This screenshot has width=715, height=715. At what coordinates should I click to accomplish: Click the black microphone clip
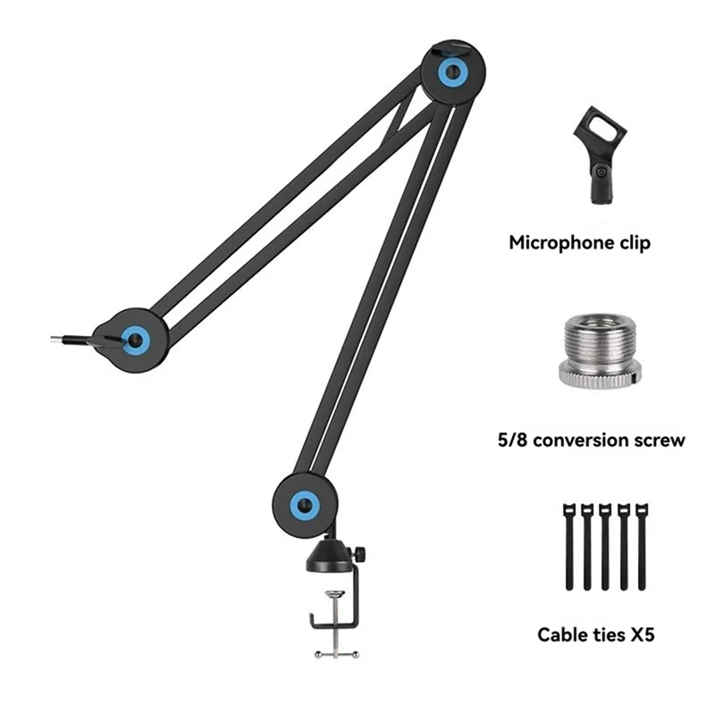click(x=600, y=155)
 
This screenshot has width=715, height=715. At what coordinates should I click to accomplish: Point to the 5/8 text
click(x=512, y=440)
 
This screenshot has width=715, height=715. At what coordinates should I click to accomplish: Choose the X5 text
click(x=643, y=635)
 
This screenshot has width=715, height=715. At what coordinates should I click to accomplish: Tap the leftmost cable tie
click(x=569, y=547)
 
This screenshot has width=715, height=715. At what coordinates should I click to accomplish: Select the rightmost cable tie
click(x=642, y=547)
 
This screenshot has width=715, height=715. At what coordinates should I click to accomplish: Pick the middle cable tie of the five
click(x=605, y=547)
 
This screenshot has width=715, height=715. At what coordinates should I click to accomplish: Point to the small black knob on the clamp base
click(x=360, y=554)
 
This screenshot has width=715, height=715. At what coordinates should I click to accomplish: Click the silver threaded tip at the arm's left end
click(x=56, y=339)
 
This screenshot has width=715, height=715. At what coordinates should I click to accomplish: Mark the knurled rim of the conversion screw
click(x=598, y=377)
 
